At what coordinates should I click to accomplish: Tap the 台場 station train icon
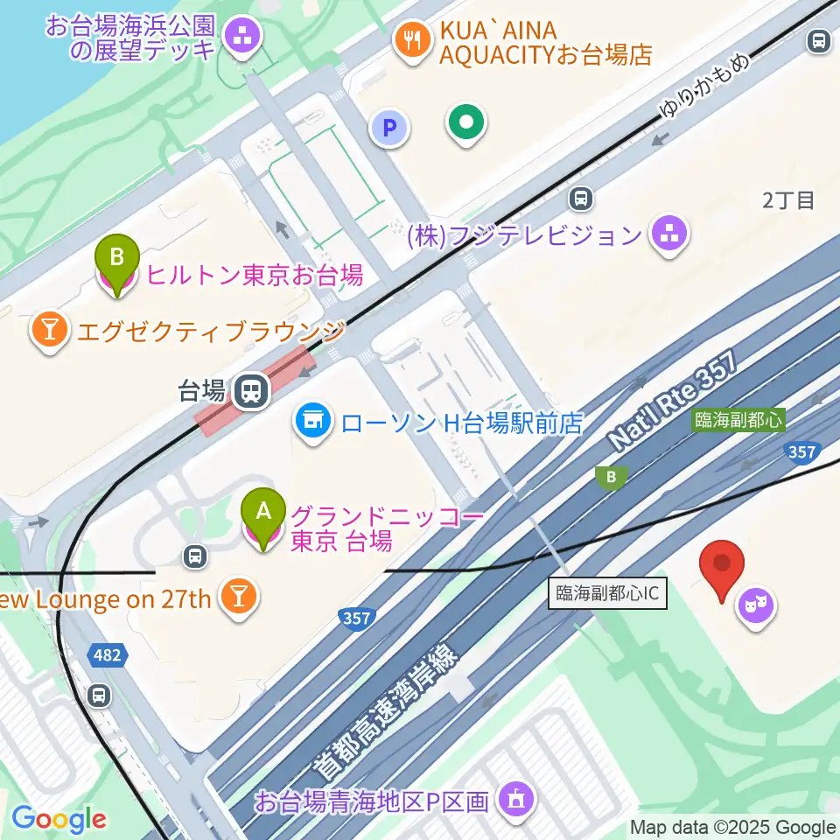pos(252,389)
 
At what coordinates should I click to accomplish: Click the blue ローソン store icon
pos(311,423)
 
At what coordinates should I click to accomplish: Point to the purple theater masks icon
pos(757,605)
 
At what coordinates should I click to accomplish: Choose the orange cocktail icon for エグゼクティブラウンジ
pos(49,329)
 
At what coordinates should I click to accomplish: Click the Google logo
pos(59,819)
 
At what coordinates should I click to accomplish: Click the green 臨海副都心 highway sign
pos(737,420)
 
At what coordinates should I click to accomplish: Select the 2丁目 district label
pos(787,200)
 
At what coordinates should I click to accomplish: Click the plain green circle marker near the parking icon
pos(466,122)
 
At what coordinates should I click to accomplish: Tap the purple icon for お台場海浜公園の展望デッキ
pos(241,36)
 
